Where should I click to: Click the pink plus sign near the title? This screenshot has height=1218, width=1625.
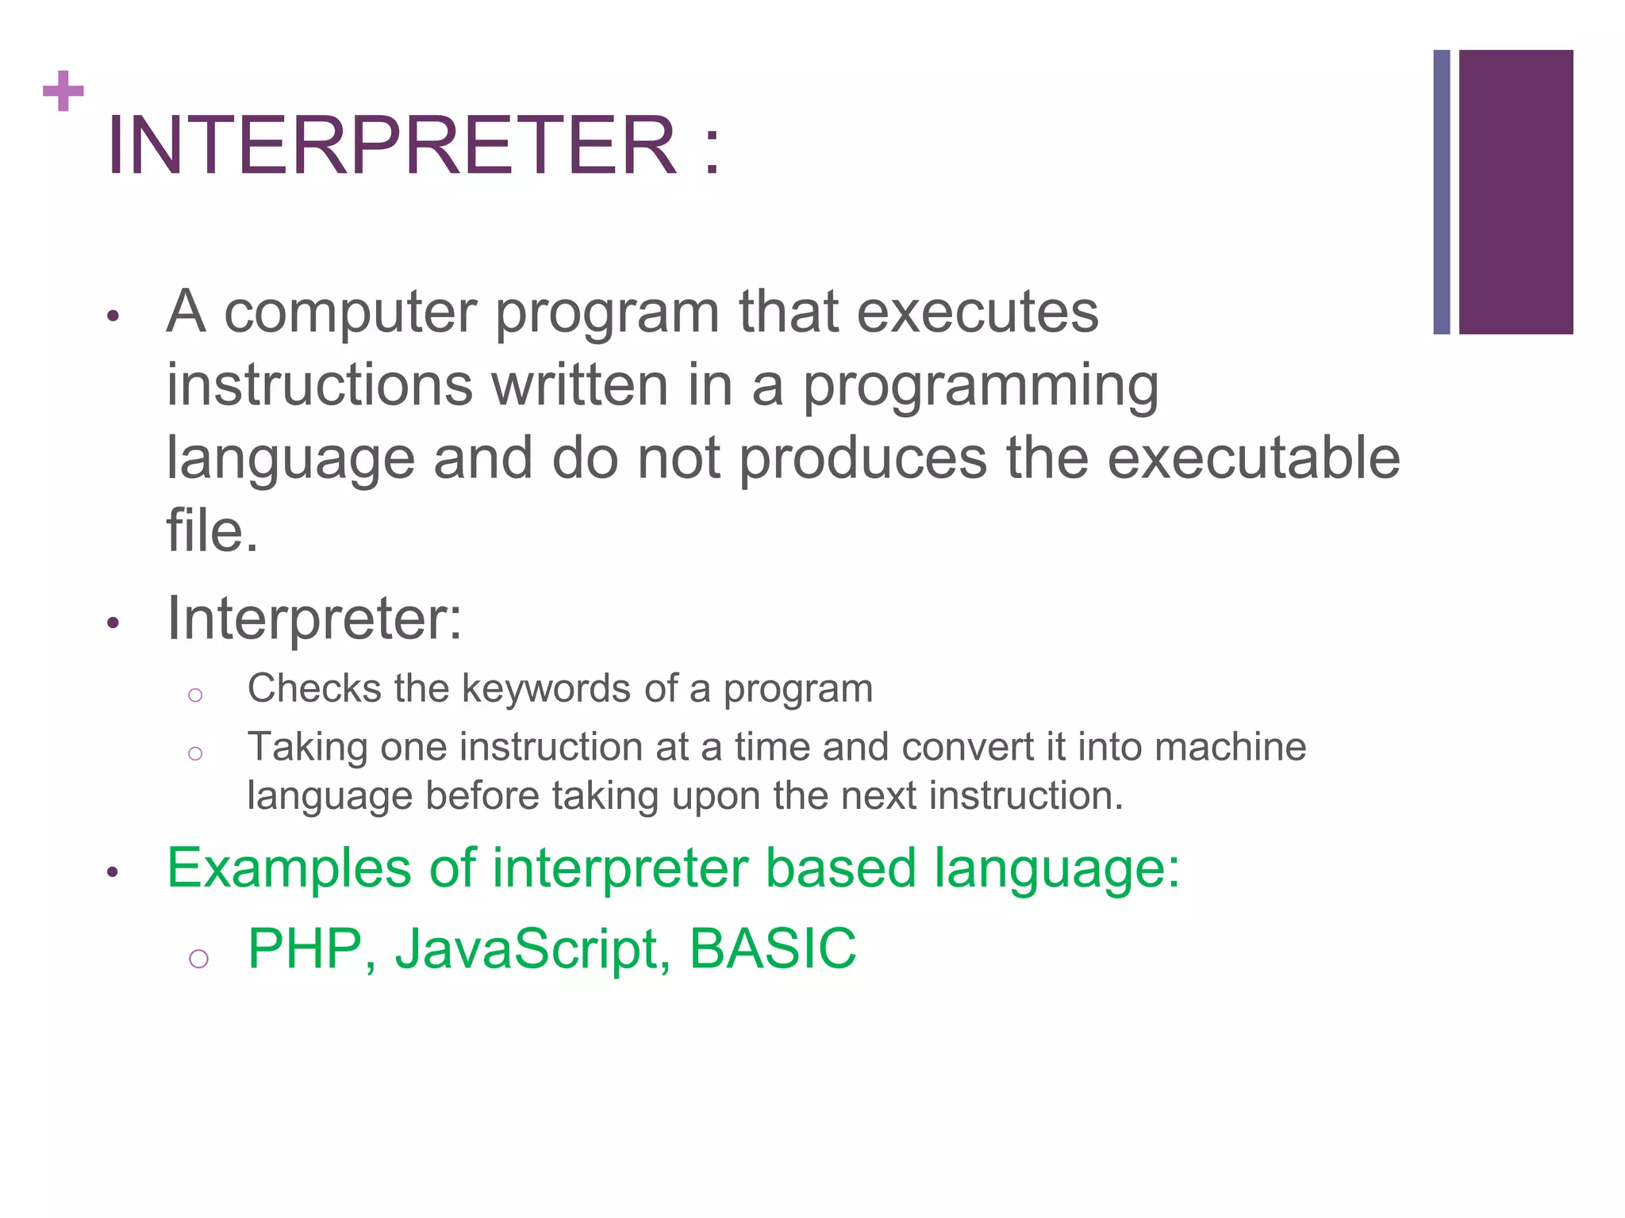(63, 91)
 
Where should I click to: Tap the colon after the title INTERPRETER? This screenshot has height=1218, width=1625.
(712, 147)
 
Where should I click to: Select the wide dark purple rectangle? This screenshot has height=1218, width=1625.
(1516, 192)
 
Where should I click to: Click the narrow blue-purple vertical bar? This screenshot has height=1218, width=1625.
(1442, 192)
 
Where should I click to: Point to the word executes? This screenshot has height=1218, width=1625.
(978, 312)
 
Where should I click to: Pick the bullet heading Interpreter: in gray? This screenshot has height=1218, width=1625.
(314, 619)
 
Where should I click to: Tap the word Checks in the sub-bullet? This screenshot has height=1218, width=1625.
(314, 688)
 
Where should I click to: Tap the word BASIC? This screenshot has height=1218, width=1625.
(772, 948)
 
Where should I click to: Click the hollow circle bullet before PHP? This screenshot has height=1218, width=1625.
(198, 959)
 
